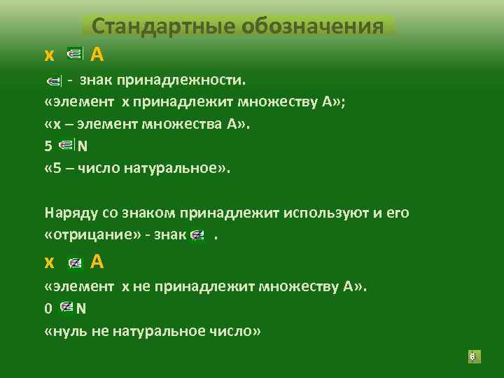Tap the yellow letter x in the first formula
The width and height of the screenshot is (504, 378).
point(49,54)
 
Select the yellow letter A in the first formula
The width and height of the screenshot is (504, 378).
point(98,53)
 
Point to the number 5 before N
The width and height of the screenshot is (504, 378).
point(48,147)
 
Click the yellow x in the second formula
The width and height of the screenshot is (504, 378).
point(49,262)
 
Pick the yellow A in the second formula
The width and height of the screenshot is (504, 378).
point(98,262)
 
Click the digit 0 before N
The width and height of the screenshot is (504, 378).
point(48,308)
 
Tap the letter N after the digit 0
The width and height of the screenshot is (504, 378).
point(81,308)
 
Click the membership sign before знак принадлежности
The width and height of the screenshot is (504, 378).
point(55,82)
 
